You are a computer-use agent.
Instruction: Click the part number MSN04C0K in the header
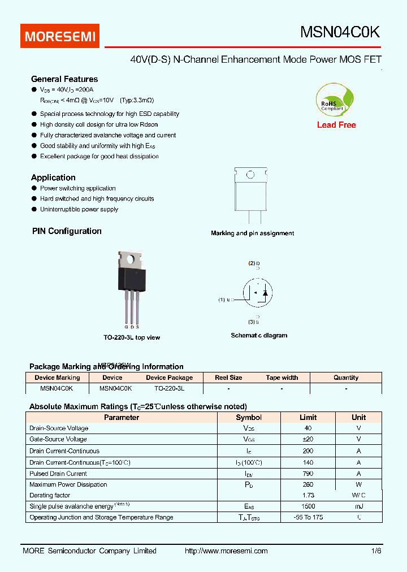click(340, 33)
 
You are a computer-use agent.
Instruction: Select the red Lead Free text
click(336, 125)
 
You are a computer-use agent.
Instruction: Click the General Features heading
click(64, 79)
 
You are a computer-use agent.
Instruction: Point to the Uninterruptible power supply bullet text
click(79, 209)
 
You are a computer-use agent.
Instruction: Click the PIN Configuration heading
click(67, 231)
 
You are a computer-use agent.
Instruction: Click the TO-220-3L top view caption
click(132, 337)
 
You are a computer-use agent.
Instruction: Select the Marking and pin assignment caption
click(252, 233)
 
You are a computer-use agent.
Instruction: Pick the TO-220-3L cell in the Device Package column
click(170, 389)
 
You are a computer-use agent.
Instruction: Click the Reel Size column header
click(228, 378)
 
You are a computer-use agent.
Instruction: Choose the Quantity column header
click(345, 378)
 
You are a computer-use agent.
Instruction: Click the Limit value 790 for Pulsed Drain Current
click(308, 474)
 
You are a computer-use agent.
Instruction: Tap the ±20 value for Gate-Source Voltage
click(308, 439)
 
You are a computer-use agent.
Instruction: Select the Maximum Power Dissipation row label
click(68, 484)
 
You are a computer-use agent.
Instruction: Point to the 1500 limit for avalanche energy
click(308, 506)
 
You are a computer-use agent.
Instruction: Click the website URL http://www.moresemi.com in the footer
click(226, 551)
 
